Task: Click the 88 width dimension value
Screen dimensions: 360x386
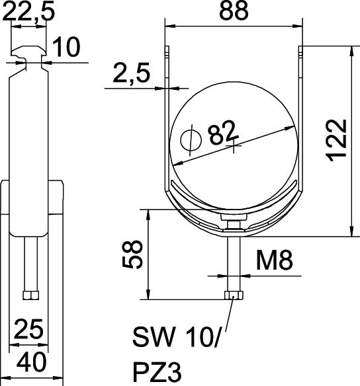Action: click(234, 11)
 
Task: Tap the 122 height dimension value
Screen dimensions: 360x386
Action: click(336, 140)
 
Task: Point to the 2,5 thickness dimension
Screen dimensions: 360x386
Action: click(132, 73)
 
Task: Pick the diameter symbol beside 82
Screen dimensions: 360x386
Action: click(191, 140)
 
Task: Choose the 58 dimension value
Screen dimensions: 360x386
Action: click(132, 254)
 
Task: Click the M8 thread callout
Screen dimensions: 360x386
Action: click(275, 260)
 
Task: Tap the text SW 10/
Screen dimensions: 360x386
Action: click(175, 337)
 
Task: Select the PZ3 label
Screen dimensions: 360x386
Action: click(157, 372)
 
